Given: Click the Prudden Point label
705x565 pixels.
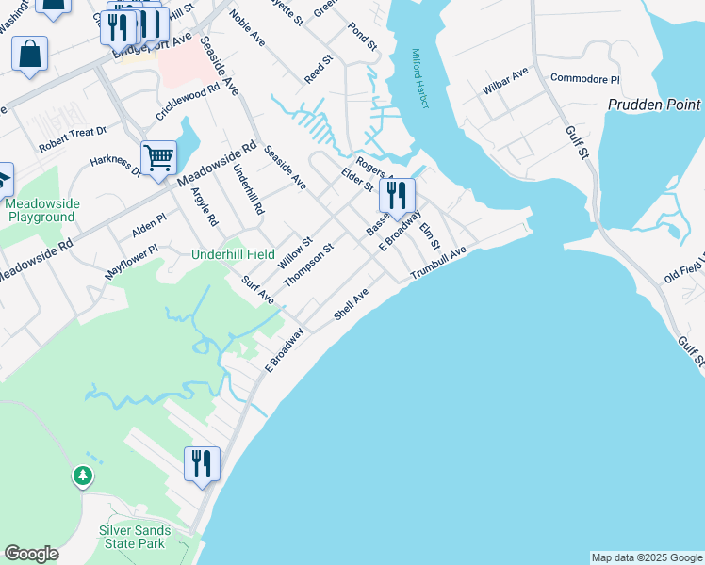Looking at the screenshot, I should coord(654,105).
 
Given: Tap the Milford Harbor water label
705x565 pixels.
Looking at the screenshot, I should coord(419,78).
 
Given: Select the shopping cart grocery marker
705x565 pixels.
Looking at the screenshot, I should coord(158,159).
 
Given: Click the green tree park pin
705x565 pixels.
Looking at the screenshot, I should coord(83,476).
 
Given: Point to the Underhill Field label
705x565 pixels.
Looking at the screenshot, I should coord(233,254).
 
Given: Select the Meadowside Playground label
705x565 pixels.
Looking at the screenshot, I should coord(41,210).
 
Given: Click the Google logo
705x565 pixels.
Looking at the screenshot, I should coord(31,554).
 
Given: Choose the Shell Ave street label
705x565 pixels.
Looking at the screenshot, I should coord(350,305).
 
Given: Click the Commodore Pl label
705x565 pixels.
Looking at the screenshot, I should coord(584,79).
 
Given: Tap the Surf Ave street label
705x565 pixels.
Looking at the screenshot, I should coord(256,290).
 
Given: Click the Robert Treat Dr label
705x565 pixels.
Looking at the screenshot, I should coord(73,140).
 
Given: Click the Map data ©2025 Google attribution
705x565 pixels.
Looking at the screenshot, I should coord(646,557).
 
